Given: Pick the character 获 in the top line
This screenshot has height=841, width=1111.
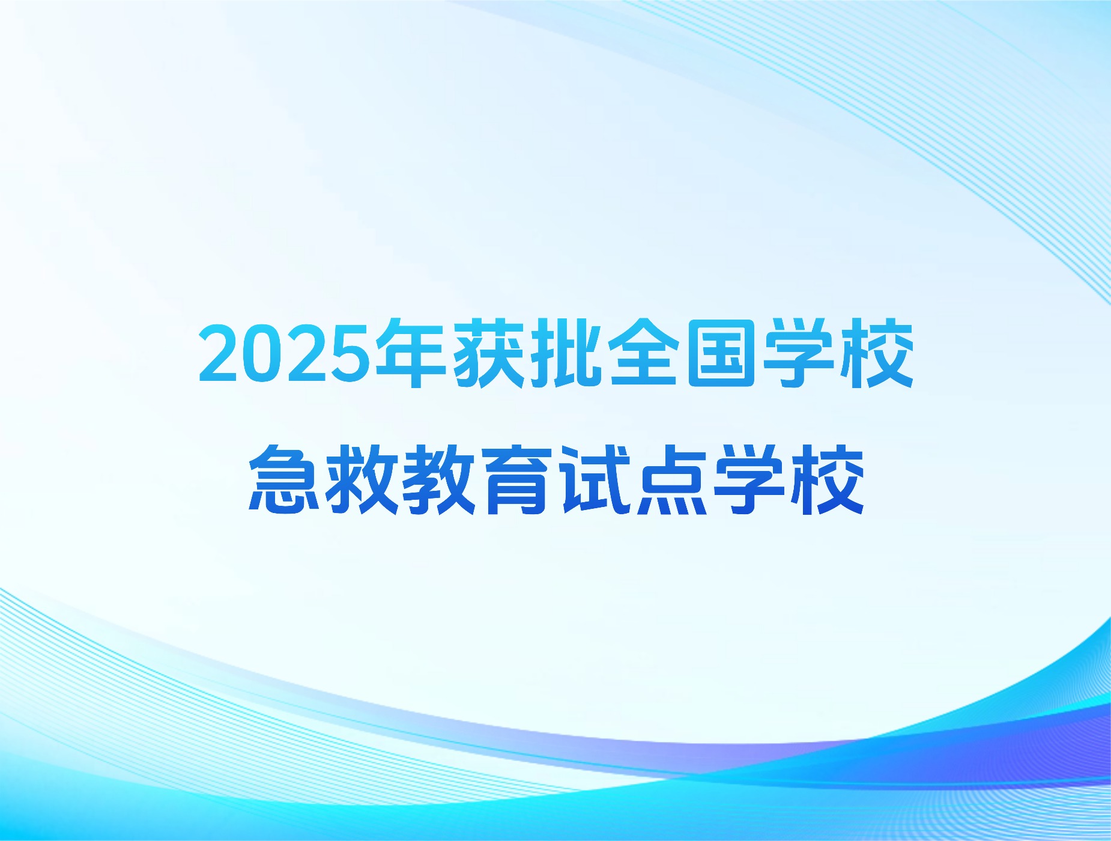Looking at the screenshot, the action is point(488,353).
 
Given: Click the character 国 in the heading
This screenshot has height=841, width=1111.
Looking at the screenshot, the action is point(721,353).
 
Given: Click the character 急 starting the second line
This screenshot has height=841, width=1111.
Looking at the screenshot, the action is point(285,479).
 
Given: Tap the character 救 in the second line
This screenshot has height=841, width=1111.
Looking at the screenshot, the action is point(362,479).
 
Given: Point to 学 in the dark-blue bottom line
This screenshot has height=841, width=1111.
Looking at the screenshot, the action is point(749,479).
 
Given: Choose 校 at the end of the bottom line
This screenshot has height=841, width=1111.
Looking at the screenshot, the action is point(827,479).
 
